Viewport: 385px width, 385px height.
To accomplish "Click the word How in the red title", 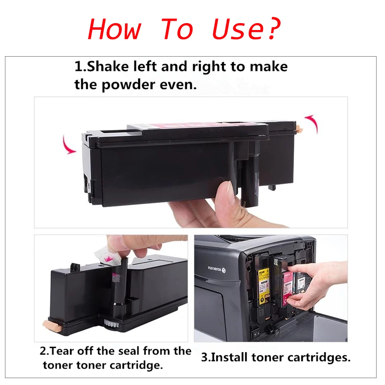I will tap(114, 29).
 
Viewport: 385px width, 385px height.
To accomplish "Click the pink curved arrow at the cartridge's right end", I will tap(311, 122).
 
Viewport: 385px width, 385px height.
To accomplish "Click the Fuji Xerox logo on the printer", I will tap(217, 268).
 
